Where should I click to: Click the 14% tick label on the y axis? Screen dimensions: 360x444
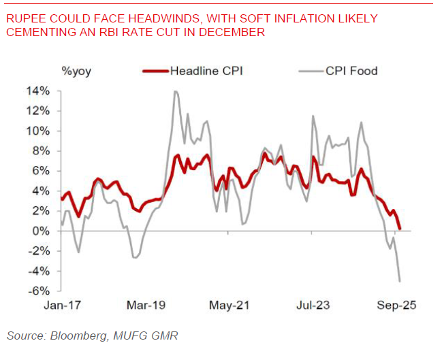pyautogui.click(x=39, y=91)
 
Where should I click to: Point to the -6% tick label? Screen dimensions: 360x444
pyautogui.click(x=39, y=291)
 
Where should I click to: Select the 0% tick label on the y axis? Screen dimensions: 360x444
pyautogui.click(x=42, y=231)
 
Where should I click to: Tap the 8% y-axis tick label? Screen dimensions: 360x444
pyautogui.click(x=42, y=151)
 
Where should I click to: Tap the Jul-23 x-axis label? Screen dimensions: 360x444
pyautogui.click(x=313, y=305)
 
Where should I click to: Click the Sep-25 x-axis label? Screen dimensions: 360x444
pyautogui.click(x=396, y=305)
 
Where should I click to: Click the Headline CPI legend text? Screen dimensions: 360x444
pyautogui.click(x=207, y=70)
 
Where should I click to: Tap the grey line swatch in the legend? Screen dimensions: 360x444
pyautogui.click(x=311, y=70)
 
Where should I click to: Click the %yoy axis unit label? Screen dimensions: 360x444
pyautogui.click(x=76, y=70)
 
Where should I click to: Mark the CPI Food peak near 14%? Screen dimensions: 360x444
pyautogui.click(x=176, y=91)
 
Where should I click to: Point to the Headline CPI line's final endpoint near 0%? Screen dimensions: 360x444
pyautogui.click(x=400, y=229)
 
